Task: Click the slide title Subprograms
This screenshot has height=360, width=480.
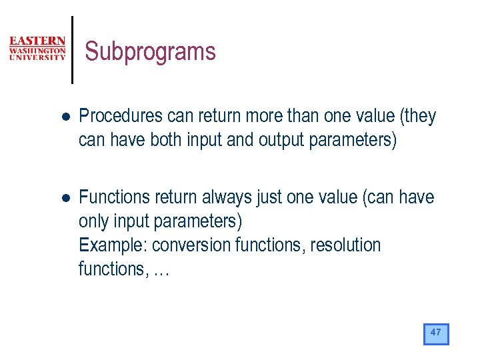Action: (151, 52)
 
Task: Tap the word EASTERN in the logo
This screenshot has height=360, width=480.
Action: (37, 41)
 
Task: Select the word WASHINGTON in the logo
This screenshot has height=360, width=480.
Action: (37, 50)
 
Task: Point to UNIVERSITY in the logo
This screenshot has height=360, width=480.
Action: (37, 57)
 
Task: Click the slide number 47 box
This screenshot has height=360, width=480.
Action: (436, 333)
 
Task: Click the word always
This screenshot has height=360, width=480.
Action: (221, 197)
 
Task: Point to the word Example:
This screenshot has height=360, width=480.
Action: (113, 245)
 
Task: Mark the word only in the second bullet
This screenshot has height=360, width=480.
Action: (93, 221)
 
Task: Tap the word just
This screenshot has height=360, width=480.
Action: (271, 197)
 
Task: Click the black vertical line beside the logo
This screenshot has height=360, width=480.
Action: (72, 50)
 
